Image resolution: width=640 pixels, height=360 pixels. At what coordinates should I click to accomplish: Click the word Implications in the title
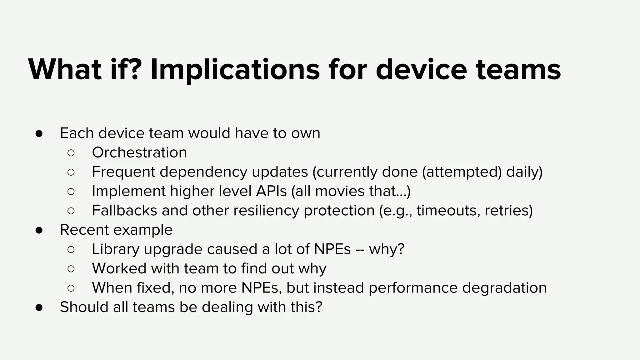[x=235, y=70]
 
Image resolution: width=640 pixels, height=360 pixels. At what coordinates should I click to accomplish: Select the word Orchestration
[x=139, y=153]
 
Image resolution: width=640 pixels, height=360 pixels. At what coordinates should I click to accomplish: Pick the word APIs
[x=271, y=191]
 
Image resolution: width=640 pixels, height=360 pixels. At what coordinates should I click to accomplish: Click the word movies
[x=340, y=191]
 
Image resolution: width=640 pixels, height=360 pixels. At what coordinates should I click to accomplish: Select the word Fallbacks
[x=124, y=211]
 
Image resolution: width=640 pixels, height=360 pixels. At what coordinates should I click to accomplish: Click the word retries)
[x=508, y=211]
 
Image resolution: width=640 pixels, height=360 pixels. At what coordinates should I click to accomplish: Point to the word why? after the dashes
[x=387, y=249]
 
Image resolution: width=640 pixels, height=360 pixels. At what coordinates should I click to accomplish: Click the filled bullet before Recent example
[x=39, y=230]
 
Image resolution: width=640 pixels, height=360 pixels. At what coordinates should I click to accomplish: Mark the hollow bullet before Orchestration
[x=71, y=153]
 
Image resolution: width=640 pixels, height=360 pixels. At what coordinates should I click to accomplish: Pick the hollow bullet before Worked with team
[x=71, y=269]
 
